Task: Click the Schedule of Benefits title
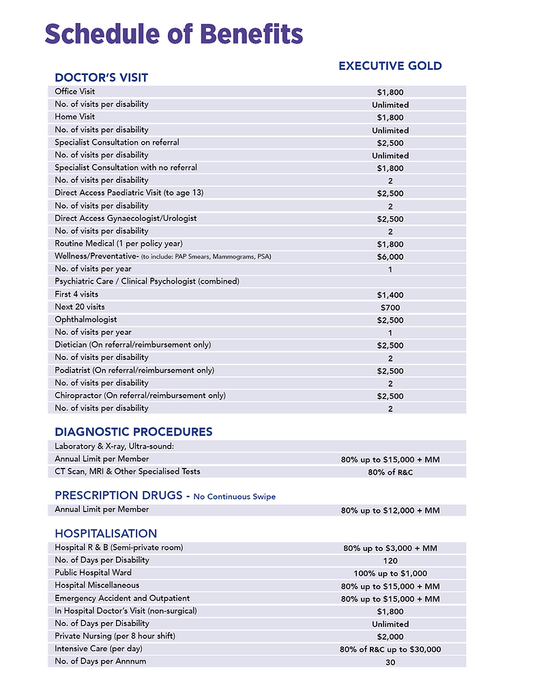tap(174, 33)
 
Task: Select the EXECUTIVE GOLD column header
tap(390, 66)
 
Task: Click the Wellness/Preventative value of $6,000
tap(390, 257)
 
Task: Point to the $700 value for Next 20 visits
tap(390, 308)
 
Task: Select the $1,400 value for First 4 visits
tap(390, 295)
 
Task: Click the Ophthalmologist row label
tap(86, 319)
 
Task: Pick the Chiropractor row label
tap(140, 396)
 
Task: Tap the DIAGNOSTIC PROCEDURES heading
tap(133, 432)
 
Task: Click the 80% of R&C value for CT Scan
tap(390, 472)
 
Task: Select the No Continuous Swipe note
tap(234, 496)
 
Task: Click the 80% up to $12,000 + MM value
tap(390, 510)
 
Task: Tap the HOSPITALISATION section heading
tap(106, 533)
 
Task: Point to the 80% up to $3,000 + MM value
tap(390, 548)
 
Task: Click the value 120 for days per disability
tap(390, 561)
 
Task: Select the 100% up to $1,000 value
tap(390, 573)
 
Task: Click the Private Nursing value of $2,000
tap(390, 637)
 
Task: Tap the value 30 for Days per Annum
tap(390, 662)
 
